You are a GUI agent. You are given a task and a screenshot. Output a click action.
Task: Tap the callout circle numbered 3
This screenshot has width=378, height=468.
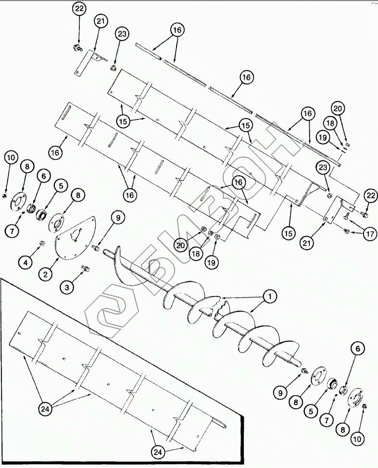point(67,287)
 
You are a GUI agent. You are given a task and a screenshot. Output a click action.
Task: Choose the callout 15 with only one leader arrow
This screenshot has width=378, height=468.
point(288,233)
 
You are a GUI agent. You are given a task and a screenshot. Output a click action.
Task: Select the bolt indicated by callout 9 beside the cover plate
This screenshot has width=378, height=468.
point(96,247)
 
